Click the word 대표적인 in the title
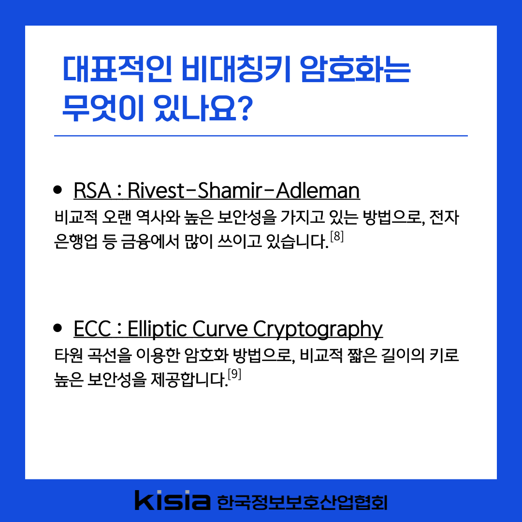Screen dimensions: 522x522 point(117,69)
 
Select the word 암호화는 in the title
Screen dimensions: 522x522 point(355,69)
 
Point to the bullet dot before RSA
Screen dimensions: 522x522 point(58,190)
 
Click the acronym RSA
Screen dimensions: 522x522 point(92,191)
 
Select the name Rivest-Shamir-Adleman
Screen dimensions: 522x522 point(244,191)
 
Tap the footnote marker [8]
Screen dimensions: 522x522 point(337,236)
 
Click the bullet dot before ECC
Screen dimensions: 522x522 point(58,328)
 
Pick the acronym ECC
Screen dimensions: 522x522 point(92,329)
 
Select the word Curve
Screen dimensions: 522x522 point(220,329)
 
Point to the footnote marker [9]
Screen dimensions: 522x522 point(234,375)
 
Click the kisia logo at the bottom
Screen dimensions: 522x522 point(173,500)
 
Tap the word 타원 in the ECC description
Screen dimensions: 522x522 point(69,355)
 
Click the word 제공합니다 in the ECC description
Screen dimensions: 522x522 point(189,379)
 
